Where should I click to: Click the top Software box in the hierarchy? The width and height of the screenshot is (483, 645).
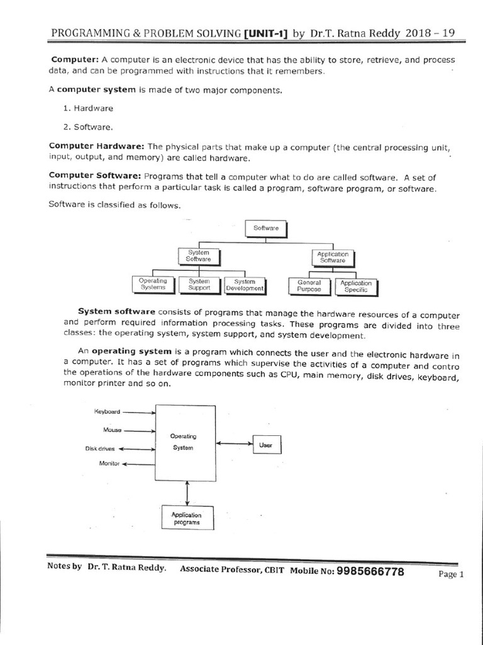pos(265,228)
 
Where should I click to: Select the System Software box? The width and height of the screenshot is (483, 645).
pos(198,256)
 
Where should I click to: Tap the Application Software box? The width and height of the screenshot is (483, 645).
pos(333,257)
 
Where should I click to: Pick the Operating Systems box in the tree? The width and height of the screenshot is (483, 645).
pos(153,285)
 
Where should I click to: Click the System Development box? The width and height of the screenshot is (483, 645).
pos(245,285)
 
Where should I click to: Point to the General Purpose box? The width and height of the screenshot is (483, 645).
pos(309,286)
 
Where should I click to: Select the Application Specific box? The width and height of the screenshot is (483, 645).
pos(356,287)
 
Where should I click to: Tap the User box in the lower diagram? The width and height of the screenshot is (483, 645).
pos(266,445)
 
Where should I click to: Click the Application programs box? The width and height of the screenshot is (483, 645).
pos(187,518)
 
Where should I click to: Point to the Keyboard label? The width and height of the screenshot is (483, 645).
pos(107,412)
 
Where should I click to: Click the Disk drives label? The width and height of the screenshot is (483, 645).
pos(100,449)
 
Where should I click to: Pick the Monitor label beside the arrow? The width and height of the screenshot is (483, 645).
pos(109,464)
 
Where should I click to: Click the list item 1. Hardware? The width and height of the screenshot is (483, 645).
pos(88,108)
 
